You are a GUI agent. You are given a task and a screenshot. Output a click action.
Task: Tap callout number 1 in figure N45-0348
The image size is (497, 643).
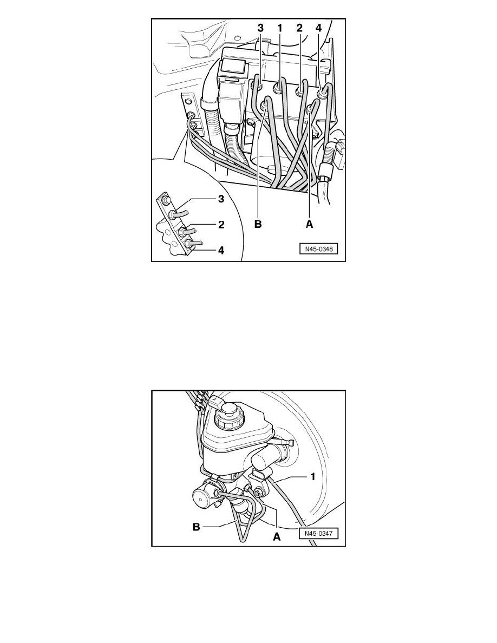click(x=280, y=28)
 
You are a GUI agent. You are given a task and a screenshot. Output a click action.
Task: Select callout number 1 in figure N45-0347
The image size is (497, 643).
click(x=313, y=477)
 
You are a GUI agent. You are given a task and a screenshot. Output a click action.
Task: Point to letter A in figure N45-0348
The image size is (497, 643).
click(x=309, y=224)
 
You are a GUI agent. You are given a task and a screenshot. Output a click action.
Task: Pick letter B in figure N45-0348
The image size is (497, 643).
click(x=258, y=224)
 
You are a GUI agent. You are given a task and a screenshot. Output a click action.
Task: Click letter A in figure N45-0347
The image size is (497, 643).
click(x=277, y=536)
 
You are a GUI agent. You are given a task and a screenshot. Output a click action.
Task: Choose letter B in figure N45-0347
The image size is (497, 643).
click(x=197, y=527)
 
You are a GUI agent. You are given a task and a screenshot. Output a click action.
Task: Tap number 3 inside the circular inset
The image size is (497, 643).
click(x=221, y=199)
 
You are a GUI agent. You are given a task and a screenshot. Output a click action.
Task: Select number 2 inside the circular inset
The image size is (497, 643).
click(x=221, y=225)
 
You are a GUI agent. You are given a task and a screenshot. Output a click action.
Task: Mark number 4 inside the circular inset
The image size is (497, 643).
click(x=221, y=250)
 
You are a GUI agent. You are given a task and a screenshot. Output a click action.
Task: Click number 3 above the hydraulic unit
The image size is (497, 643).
click(x=260, y=28)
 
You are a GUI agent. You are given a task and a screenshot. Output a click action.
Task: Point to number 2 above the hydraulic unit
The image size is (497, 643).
click(x=299, y=28)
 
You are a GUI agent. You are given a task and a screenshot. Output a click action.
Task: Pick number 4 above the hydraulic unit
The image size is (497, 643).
click(x=319, y=28)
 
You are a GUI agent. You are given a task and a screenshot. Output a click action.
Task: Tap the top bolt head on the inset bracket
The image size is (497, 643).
click(x=165, y=200)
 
